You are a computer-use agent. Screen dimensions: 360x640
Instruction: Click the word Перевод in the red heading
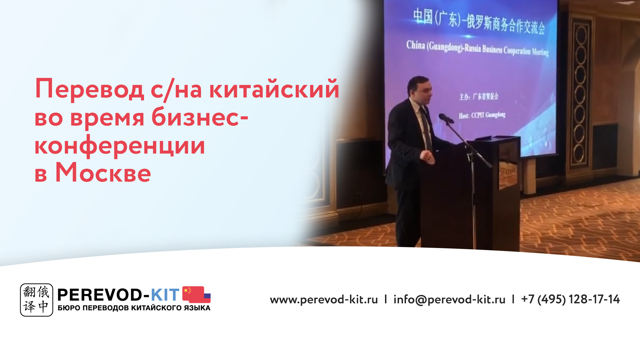tap(89, 89)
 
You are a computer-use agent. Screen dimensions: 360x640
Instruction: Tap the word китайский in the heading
tap(274, 89)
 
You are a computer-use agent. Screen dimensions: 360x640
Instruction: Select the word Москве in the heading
tap(103, 173)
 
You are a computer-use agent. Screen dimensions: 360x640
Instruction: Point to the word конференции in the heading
tap(120, 146)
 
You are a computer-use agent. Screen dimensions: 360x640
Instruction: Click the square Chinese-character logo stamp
tap(36, 300)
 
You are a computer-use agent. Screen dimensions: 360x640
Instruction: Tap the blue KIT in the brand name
tap(165, 295)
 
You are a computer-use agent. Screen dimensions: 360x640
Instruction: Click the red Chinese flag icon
tap(193, 294)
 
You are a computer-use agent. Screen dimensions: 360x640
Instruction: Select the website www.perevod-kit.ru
tap(324, 299)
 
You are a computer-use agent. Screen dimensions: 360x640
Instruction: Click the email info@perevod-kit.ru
tap(449, 299)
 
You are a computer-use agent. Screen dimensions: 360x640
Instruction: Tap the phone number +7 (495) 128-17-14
tap(570, 299)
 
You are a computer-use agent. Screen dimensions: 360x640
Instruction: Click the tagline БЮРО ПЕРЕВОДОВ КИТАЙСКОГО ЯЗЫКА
tap(134, 308)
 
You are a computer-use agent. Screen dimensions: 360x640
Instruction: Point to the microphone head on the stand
tap(445, 118)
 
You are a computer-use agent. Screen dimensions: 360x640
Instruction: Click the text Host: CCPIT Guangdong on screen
tap(482, 115)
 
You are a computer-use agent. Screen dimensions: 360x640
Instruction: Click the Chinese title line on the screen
tap(479, 21)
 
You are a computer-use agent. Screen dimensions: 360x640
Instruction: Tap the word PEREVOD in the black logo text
tap(99, 295)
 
